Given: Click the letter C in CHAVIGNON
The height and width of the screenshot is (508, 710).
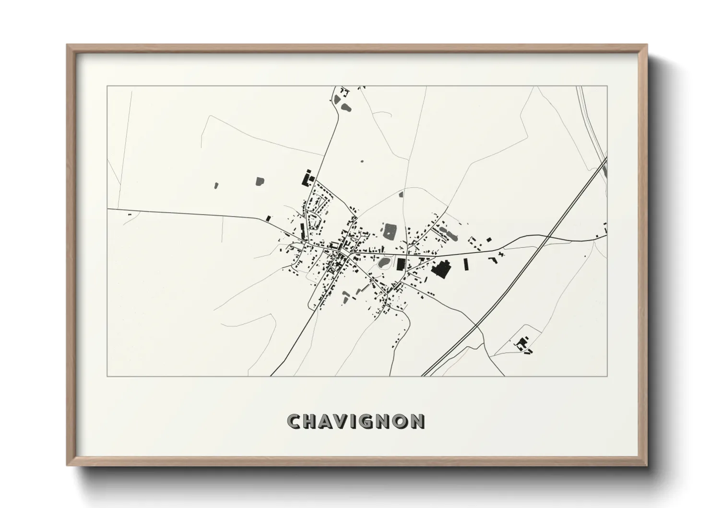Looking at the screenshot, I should pos(294,422).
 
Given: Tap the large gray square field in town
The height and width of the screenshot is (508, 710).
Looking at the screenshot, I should pos(389,230).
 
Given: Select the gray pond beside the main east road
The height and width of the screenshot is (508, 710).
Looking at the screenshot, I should pos(384,263).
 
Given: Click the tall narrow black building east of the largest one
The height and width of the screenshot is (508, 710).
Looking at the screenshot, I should pos(465,264).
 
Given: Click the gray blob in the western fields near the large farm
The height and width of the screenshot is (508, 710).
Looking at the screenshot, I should pos(260,181).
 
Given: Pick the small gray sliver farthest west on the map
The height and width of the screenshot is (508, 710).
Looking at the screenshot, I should pos(216,185).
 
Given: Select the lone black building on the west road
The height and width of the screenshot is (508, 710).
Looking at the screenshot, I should pos(269,218).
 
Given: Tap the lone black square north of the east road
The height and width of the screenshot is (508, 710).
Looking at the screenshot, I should pos(488,239).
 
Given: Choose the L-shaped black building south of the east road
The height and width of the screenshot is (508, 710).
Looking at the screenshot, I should pos(492,259).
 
